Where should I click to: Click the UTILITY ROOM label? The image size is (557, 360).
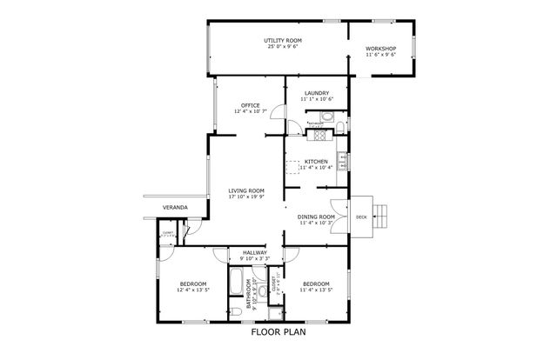click(282, 41)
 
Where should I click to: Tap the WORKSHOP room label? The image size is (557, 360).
click(380, 48)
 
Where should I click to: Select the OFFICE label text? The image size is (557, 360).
click(251, 105)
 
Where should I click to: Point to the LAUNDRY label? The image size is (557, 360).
click(316, 93)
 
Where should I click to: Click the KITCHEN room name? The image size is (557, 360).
click(316, 162)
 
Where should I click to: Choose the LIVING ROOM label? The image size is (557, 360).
click(246, 190)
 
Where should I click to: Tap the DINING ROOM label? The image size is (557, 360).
click(316, 217)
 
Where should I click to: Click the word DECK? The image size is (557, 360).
click(361, 217)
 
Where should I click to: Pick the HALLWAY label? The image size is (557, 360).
click(254, 252)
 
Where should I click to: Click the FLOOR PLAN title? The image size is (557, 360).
click(278, 331)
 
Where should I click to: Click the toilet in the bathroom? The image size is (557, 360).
click(237, 311)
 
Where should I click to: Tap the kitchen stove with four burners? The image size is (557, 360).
click(318, 135)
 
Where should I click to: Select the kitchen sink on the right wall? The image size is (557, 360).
click(343, 162)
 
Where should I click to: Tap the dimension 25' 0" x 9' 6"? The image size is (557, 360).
click(282, 48)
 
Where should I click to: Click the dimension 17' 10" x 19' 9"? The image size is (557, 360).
click(246, 197)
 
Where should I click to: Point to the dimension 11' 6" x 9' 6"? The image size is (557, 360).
click(380, 55)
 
